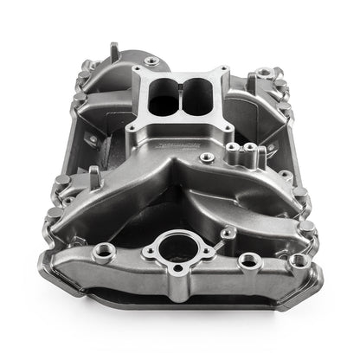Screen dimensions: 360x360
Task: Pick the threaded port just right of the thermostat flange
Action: (x=247, y=259)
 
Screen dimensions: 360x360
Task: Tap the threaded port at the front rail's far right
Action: (x=299, y=260)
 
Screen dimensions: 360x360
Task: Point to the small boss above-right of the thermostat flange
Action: (x=226, y=232)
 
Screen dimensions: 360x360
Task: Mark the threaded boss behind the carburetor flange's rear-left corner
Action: (x=152, y=61)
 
